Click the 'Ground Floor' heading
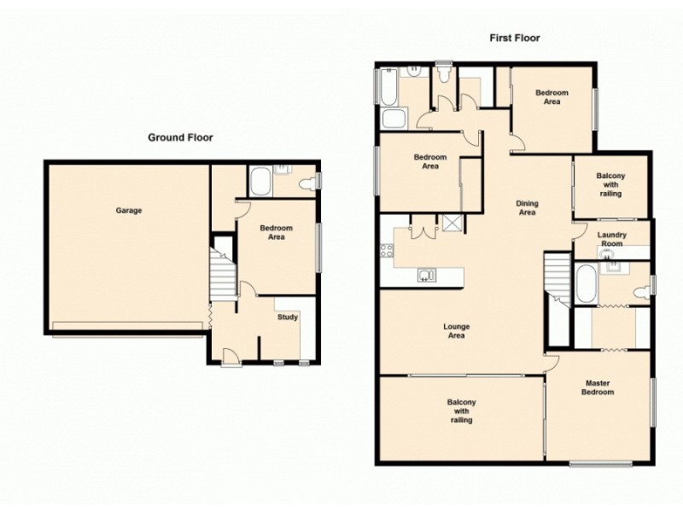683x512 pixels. click(x=180, y=137)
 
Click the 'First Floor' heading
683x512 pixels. click(x=514, y=38)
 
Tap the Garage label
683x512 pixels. click(x=129, y=210)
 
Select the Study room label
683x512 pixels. click(x=288, y=317)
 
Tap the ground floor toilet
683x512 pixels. click(x=308, y=182)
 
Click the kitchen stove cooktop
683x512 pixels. click(x=386, y=250)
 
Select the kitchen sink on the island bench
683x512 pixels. click(x=427, y=274)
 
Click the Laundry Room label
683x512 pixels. click(x=611, y=240)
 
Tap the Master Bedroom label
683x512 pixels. click(x=598, y=388)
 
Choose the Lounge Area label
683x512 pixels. click(x=457, y=331)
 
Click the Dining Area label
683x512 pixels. click(x=527, y=207)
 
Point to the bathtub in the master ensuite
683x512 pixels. click(x=586, y=284)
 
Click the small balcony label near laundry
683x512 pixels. click(x=610, y=184)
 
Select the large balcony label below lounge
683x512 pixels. click(x=461, y=410)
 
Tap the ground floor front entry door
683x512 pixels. click(x=230, y=356)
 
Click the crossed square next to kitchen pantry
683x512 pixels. click(x=452, y=224)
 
